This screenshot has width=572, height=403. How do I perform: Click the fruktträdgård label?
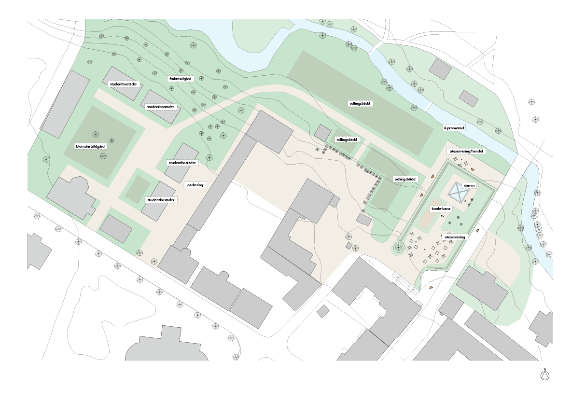[181, 78]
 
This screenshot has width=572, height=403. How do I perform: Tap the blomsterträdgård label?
[90, 146]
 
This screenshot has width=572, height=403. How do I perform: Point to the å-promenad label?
[454, 128]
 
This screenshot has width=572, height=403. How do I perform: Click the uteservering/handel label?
[466, 151]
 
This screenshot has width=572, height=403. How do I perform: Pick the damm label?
[469, 185]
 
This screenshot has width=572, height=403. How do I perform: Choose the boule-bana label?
[441, 209]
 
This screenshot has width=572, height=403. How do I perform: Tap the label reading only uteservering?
[455, 237]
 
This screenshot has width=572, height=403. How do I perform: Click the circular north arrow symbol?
[545, 376]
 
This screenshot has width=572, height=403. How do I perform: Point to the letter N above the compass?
[545, 370]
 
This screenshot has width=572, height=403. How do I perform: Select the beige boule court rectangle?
[426, 220]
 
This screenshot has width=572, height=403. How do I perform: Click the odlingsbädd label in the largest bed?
[362, 103]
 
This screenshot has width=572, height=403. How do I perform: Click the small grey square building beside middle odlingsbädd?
[322, 132]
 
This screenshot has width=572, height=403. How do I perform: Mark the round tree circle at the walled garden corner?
[398, 248]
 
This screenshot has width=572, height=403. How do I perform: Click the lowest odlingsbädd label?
[405, 179]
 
